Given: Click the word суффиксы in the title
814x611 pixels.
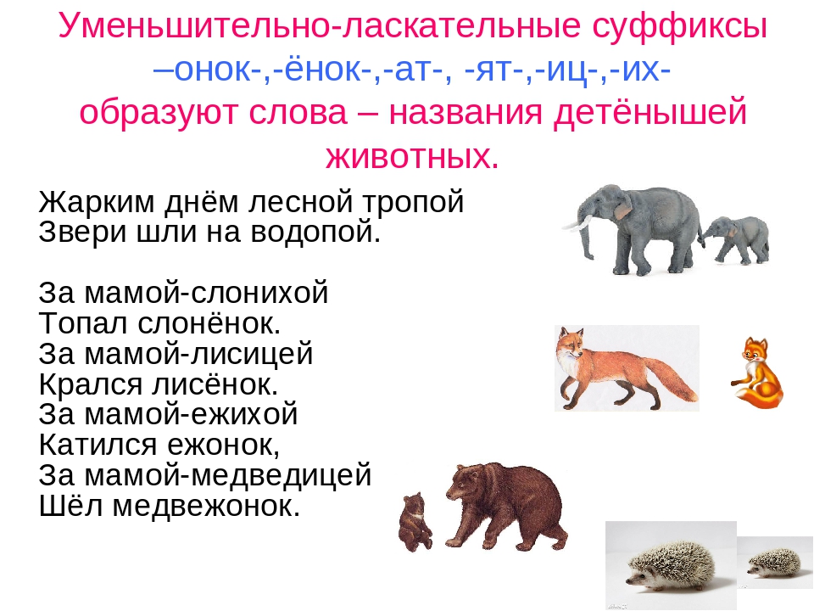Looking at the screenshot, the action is [x=679, y=25].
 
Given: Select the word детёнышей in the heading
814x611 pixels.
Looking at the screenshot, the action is [x=650, y=112].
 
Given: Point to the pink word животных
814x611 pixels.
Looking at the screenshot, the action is [x=412, y=155].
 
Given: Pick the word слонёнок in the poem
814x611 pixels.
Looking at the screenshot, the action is [x=209, y=323].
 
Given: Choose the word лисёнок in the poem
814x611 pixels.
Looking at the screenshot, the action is [x=215, y=384].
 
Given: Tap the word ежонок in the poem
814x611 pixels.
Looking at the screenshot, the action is [x=224, y=446].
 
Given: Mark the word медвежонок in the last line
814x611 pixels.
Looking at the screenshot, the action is [x=206, y=506].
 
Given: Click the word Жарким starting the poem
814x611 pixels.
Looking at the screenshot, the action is [x=97, y=202].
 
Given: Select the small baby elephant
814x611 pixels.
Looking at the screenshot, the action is [x=735, y=240].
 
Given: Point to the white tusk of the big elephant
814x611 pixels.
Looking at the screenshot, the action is [x=577, y=225].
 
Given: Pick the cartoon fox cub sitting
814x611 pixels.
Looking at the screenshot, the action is [x=757, y=373].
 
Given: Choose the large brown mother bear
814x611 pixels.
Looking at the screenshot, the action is [x=506, y=506].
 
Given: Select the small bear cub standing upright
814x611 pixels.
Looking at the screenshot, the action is [x=415, y=521].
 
